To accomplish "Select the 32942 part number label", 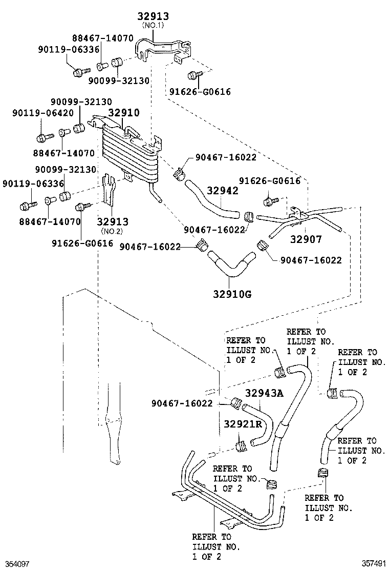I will pyautogui.click(x=223, y=191).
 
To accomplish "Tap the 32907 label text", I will pyautogui.click(x=306, y=238).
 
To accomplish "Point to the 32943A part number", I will pyautogui.click(x=264, y=393).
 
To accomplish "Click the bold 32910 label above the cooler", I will pyautogui.click(x=123, y=113).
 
